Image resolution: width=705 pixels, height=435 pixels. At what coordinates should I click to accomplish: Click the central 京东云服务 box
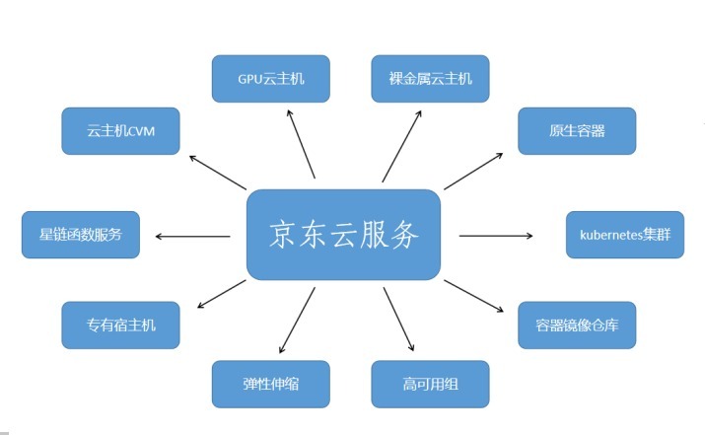[342, 235]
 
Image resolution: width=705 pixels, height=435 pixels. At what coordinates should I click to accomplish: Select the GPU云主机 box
[271, 79]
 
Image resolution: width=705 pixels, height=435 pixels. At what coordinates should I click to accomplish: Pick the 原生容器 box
[577, 131]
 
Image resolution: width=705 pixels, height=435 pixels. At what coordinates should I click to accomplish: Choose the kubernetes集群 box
[624, 235]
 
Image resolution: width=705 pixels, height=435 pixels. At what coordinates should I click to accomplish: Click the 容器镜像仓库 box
[577, 325]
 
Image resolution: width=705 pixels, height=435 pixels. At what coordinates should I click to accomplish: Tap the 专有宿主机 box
[120, 325]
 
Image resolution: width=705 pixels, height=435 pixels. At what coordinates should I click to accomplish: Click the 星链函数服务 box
[81, 235]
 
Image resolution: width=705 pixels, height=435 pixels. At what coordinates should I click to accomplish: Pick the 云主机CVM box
[120, 131]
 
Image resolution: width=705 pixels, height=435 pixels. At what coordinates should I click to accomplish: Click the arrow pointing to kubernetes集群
[496, 236]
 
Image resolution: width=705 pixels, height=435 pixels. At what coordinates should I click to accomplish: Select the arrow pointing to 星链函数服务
[192, 236]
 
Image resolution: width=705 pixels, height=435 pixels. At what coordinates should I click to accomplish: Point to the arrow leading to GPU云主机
[301, 144]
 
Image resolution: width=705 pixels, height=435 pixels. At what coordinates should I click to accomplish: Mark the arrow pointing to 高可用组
[398, 321]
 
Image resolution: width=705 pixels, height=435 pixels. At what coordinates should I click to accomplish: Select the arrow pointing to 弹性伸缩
[297, 321]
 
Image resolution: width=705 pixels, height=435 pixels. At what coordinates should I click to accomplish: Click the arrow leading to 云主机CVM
[217, 172]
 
